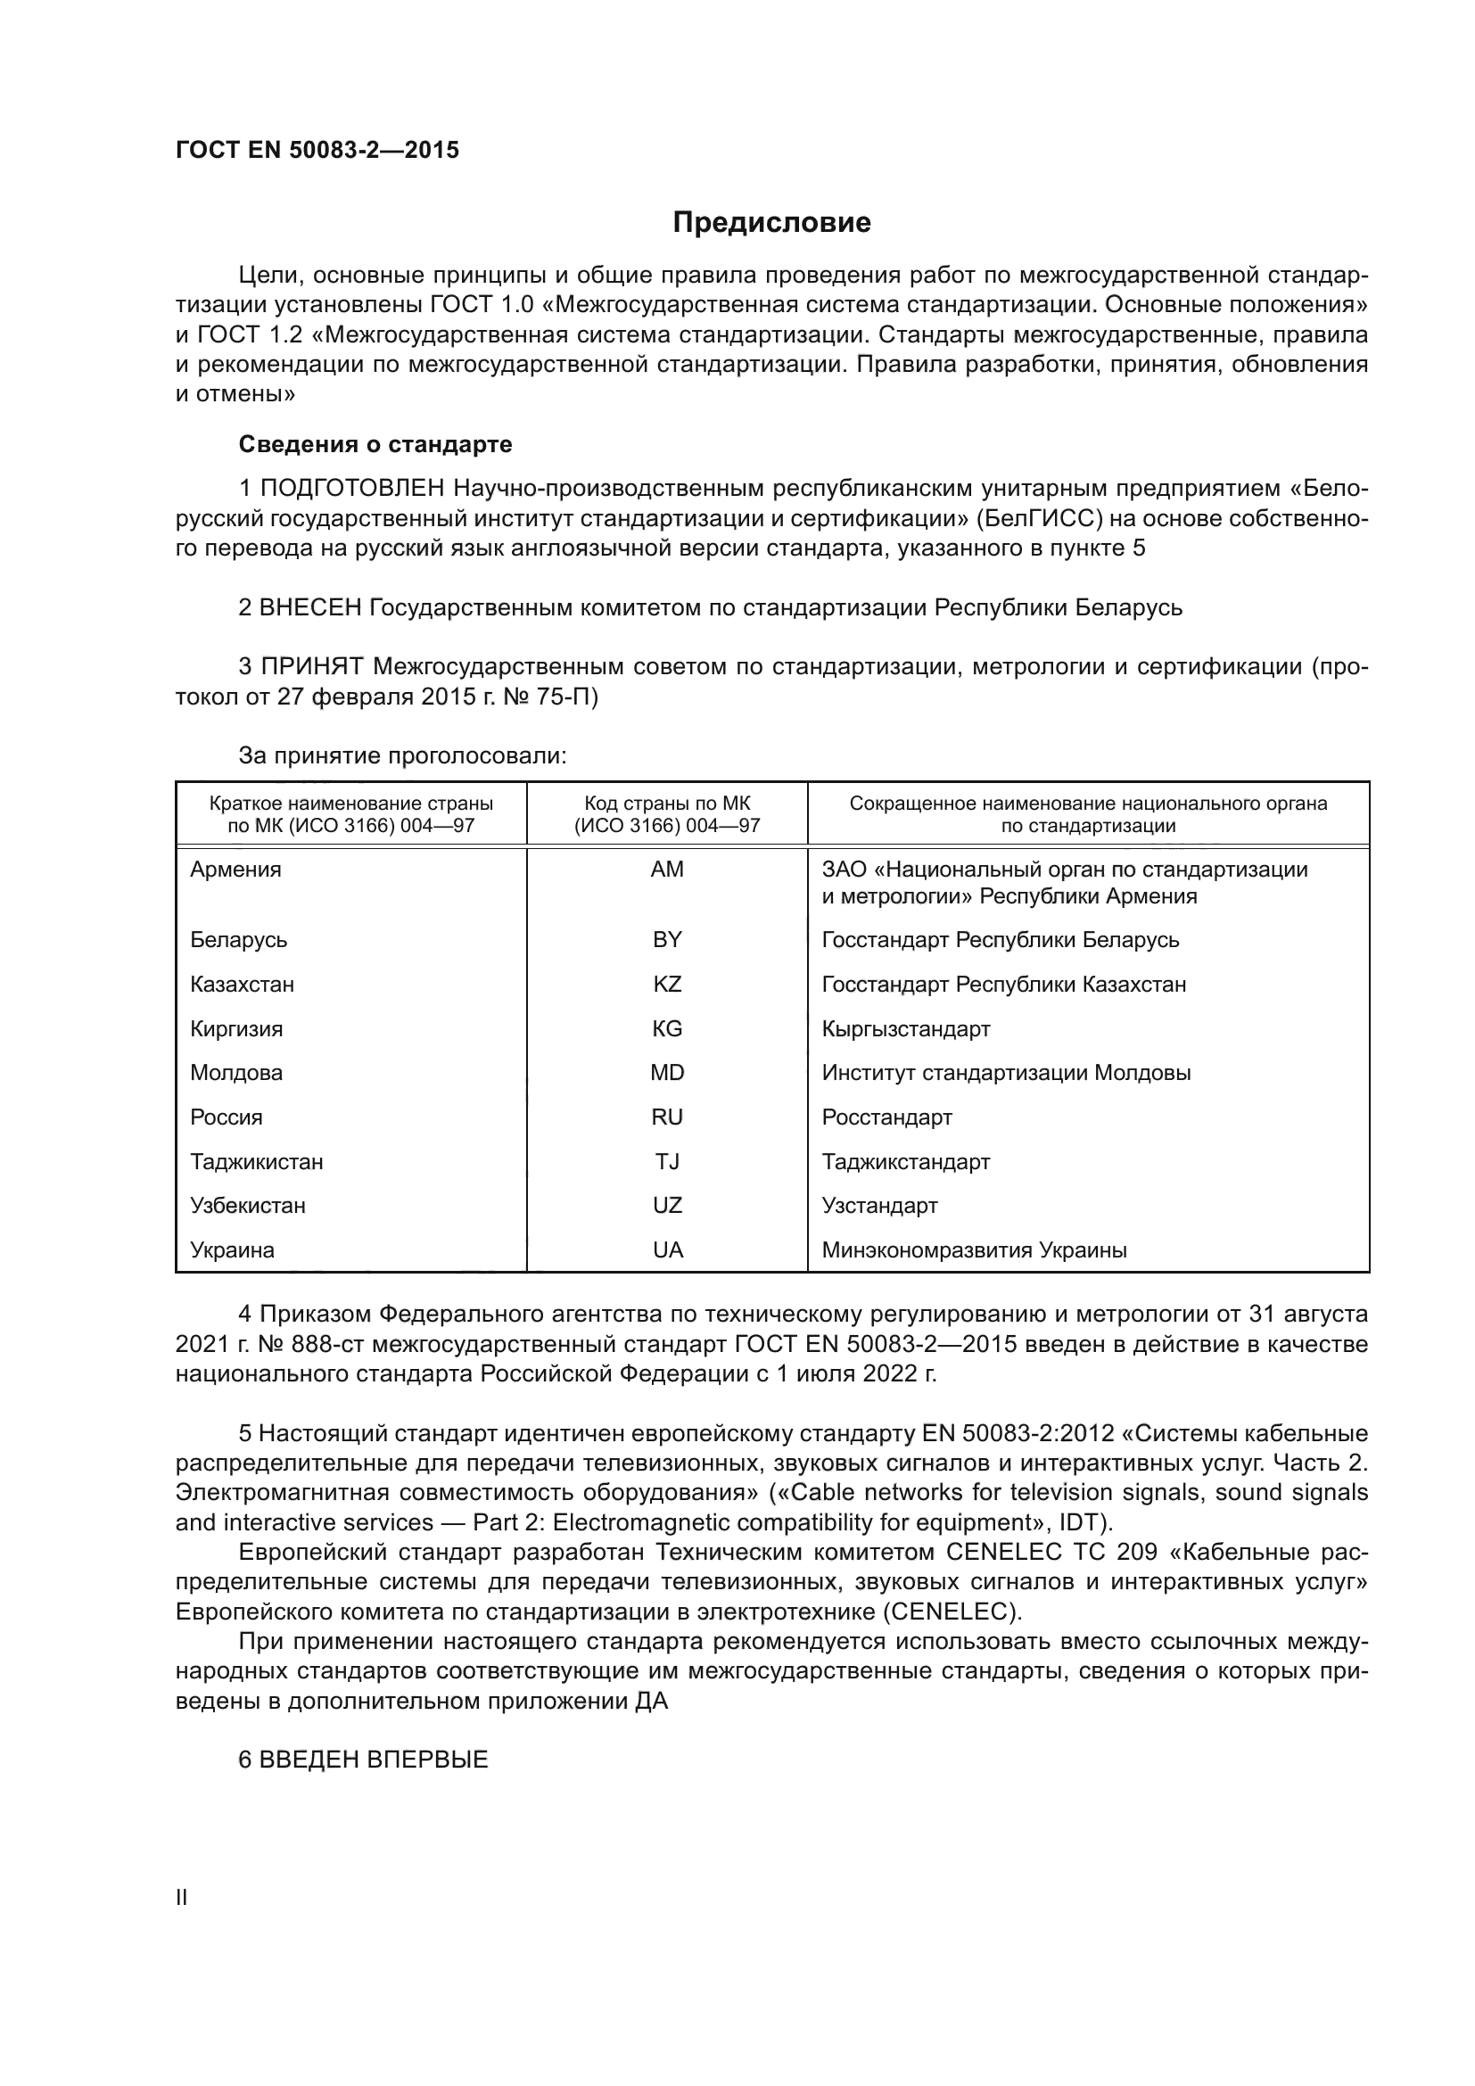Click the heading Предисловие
pyautogui.click(x=771, y=223)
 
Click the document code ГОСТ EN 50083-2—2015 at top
pyautogui.click(x=317, y=150)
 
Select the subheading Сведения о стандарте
pyautogui.click(x=375, y=444)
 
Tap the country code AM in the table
pyautogui.click(x=667, y=870)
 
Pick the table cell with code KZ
pyautogui.click(x=667, y=984)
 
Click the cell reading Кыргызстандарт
pyautogui.click(x=905, y=1028)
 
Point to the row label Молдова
pyautogui.click(x=236, y=1072)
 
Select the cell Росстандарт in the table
pyautogui.click(x=886, y=1117)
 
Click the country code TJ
pyautogui.click(x=667, y=1161)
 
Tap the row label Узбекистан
pyautogui.click(x=248, y=1205)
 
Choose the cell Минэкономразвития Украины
pyautogui.click(x=974, y=1249)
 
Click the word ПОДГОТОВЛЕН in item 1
pyautogui.click(x=352, y=489)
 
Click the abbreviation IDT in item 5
pyautogui.click(x=1080, y=1521)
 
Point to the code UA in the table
pyautogui.click(x=667, y=1249)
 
